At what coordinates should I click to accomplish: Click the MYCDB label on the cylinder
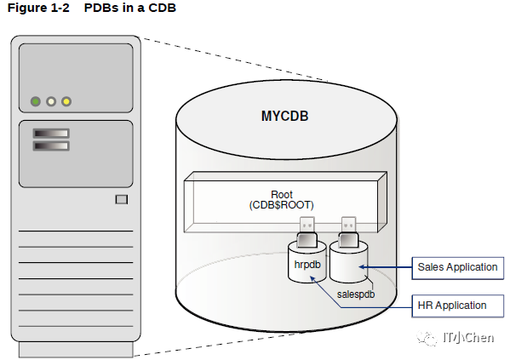coord(284,116)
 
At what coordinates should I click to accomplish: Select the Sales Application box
coord(457,268)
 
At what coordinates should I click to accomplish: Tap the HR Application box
coord(457,306)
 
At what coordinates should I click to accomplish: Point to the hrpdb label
coord(307,265)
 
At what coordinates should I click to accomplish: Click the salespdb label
coord(356,294)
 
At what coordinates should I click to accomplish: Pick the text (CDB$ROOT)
coord(281,205)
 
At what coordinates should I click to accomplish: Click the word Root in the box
coord(282,195)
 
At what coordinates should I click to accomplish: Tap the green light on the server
coord(36,101)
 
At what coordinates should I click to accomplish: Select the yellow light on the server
coord(66,101)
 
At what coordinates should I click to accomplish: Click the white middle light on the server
coord(51,101)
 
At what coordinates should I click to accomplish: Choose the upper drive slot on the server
coord(51,134)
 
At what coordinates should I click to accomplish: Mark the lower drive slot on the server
coord(51,146)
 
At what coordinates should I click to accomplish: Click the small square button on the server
coord(122,199)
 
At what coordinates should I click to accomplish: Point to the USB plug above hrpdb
coord(307,232)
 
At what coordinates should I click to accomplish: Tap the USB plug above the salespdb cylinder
coord(349,232)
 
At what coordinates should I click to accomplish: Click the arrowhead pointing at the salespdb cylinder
coord(362,267)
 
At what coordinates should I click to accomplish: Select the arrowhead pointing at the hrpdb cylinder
coord(312,278)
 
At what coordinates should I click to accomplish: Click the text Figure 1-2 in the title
coord(38,8)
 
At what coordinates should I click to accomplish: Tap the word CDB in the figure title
coord(163,8)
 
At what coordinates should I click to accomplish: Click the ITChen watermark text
coord(468,338)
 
